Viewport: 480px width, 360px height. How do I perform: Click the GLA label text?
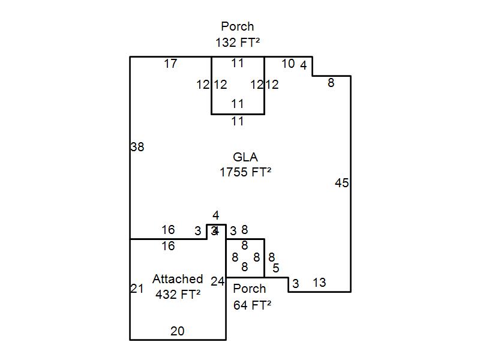pyautogui.click(x=245, y=157)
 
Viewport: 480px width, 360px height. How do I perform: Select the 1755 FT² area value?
pyautogui.click(x=245, y=172)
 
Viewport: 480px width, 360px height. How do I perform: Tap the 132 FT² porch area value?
pyautogui.click(x=238, y=42)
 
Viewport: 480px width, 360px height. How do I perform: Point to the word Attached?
pyautogui.click(x=178, y=279)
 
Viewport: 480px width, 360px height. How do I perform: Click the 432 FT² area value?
pyautogui.click(x=178, y=295)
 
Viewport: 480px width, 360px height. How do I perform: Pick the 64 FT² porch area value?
pyautogui.click(x=252, y=304)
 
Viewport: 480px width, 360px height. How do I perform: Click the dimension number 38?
pyautogui.click(x=137, y=146)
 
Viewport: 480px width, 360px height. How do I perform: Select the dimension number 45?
pyautogui.click(x=341, y=183)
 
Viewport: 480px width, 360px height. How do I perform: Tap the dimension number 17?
pyautogui.click(x=170, y=63)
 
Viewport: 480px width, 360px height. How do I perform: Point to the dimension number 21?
pyautogui.click(x=137, y=289)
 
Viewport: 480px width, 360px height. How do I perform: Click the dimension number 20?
pyautogui.click(x=178, y=331)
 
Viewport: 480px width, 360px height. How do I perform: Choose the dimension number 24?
pyautogui.click(x=218, y=281)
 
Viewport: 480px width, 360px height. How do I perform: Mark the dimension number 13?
pyautogui.click(x=319, y=282)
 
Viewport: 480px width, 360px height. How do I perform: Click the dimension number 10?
pyautogui.click(x=288, y=63)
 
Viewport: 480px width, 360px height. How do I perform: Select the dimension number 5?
pyautogui.click(x=275, y=268)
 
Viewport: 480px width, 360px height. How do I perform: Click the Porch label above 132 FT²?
pyautogui.click(x=238, y=26)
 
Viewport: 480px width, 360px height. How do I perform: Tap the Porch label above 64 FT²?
pyautogui.click(x=250, y=289)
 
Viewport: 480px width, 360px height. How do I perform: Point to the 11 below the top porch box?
pyautogui.click(x=238, y=121)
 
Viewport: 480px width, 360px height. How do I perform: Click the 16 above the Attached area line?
pyautogui.click(x=168, y=230)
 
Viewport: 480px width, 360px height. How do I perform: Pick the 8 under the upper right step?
pyautogui.click(x=331, y=83)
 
